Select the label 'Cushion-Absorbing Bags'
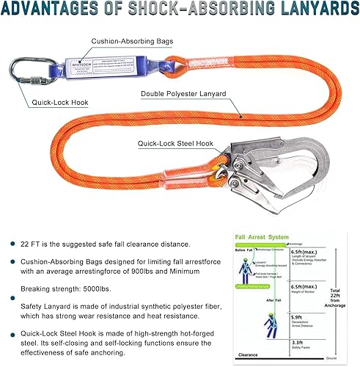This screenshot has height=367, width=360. pos(132,42)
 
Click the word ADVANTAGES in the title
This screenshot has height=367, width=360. pos(62,10)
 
